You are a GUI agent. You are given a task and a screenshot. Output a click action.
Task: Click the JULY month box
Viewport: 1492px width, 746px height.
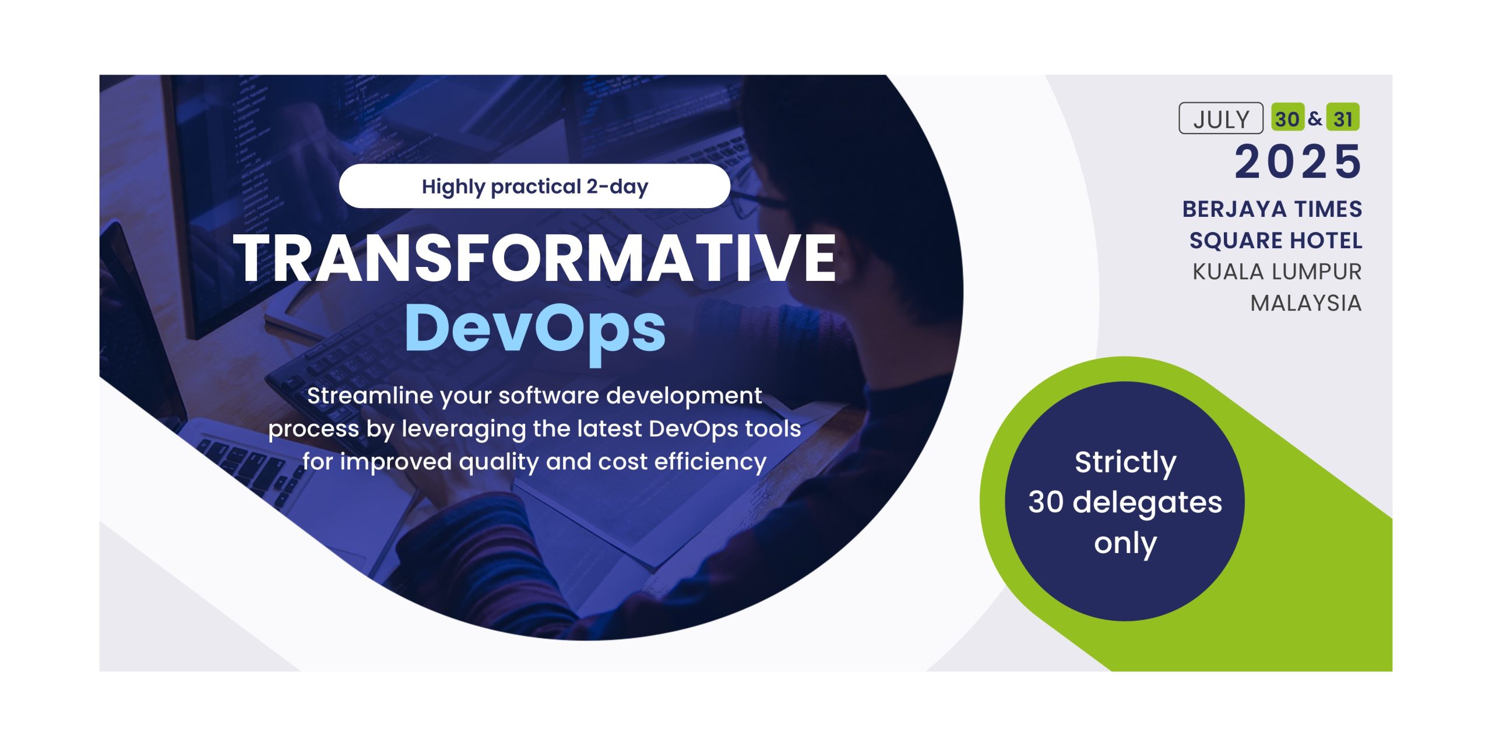[x=1221, y=118]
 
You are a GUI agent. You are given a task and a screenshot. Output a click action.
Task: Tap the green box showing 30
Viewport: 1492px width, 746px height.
[x=1287, y=118]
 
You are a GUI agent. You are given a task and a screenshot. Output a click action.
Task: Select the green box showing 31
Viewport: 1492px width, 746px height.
[x=1343, y=118]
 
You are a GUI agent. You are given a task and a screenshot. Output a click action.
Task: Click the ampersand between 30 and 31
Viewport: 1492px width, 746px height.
[x=1315, y=118]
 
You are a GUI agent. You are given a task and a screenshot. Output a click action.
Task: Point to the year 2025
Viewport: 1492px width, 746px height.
[x=1299, y=161]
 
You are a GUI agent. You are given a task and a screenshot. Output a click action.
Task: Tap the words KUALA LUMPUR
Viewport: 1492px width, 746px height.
[x=1277, y=272]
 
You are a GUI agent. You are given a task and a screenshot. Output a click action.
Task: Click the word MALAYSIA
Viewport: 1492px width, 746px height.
[x=1306, y=304]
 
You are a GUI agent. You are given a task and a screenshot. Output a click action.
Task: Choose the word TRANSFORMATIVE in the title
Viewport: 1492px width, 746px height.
[x=535, y=258]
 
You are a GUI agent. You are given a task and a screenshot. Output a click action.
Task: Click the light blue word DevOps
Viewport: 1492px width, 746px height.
[x=535, y=329]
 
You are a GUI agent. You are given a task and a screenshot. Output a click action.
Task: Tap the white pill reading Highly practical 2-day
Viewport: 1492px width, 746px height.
[x=534, y=186]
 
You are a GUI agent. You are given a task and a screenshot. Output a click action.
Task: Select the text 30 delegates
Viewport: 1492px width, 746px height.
[x=1125, y=502]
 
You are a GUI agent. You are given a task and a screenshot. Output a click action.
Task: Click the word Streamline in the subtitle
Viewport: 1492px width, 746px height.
[x=371, y=396]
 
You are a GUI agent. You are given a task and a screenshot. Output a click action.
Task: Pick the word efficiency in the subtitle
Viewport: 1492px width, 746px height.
[x=710, y=462]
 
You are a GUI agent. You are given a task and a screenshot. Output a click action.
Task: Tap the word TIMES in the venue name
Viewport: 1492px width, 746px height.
[x=1329, y=209]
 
